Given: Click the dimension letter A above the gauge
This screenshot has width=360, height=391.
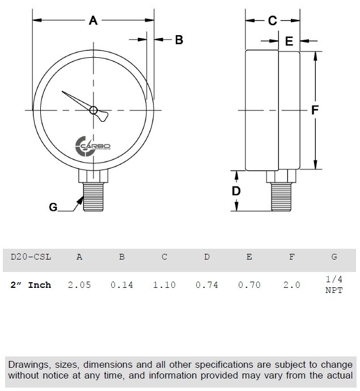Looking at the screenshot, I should coord(94,21).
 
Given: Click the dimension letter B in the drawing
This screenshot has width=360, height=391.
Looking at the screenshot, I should coord(178,40).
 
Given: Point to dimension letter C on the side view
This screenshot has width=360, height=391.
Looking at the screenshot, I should coord(272,21).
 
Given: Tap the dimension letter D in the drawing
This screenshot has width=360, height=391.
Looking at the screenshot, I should coord(237,191).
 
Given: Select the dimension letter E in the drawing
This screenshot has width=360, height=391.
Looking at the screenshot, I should coord(289,41).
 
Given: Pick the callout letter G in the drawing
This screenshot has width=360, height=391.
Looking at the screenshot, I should coord(53,207).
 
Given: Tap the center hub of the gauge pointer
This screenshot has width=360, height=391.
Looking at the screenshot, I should coord(94,110).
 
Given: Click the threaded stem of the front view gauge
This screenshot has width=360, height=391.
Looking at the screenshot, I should coord(94,196).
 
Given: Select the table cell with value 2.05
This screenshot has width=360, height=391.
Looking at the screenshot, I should coord(79,285).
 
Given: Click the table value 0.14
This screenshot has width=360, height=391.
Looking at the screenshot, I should coord(122,285).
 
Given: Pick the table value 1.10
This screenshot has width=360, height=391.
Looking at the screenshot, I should coord(164,285).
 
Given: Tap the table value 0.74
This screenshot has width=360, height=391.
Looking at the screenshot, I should coord(207,285).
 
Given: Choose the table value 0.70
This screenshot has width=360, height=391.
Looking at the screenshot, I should coord(249,285).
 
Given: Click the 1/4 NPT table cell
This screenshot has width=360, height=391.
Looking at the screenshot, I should coord(334,285).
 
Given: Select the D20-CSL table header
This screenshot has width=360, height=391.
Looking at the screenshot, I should coord(31,257).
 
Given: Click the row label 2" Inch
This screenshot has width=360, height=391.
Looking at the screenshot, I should coord(31,285).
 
